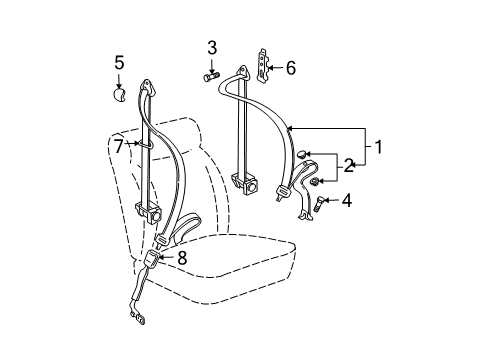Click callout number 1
378,147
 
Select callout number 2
349,166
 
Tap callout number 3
212,48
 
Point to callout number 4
347,201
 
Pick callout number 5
119,62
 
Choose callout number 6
291,68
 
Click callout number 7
119,146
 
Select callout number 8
182,258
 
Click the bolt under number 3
211,77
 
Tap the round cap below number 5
118,94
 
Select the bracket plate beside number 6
263,65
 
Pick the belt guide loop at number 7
147,144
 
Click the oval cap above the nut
302,154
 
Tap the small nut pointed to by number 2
314,182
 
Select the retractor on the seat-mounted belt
149,212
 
